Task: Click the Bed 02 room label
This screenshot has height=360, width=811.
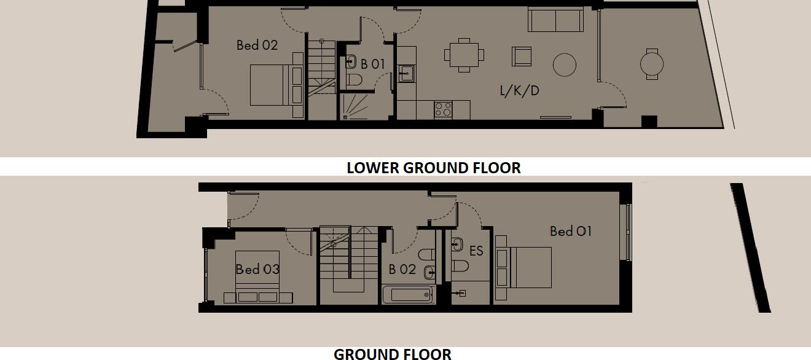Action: (x=257, y=45)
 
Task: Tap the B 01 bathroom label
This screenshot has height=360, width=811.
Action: (x=372, y=64)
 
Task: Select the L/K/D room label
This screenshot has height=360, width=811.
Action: (x=519, y=92)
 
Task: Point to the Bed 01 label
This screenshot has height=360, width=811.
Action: (x=571, y=231)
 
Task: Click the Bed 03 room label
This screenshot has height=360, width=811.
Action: (x=257, y=269)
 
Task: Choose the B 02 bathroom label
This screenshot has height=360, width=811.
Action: (x=402, y=269)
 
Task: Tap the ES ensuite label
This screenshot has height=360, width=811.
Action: (x=476, y=251)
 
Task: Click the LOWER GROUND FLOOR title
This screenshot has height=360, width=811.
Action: (x=433, y=168)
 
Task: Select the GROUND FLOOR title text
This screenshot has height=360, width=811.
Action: (x=392, y=353)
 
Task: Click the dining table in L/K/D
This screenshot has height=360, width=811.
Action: (x=464, y=55)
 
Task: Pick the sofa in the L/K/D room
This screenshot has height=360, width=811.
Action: (x=555, y=20)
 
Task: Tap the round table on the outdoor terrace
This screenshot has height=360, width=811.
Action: (x=652, y=63)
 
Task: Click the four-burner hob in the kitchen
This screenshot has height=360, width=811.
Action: (x=444, y=109)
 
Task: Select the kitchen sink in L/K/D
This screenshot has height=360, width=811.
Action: (x=405, y=73)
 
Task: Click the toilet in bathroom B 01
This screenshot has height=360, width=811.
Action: (x=355, y=79)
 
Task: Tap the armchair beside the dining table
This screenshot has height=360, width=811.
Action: (x=522, y=57)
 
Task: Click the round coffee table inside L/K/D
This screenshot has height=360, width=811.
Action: (x=564, y=64)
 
